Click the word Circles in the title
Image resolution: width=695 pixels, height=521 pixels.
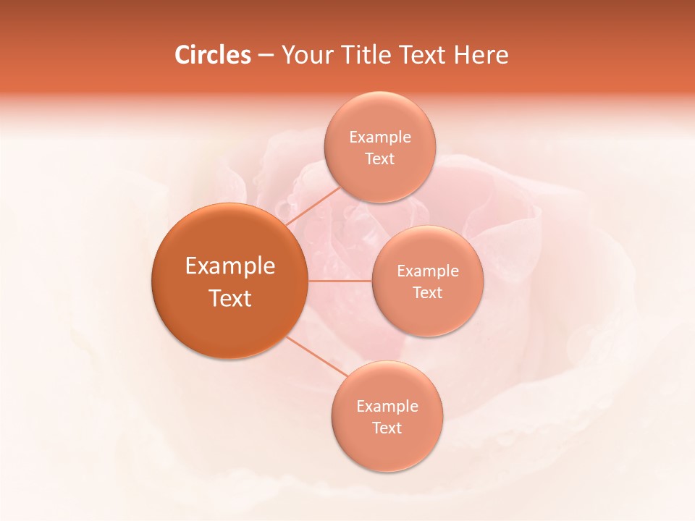pos(212,55)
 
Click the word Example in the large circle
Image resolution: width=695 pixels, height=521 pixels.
pos(230,266)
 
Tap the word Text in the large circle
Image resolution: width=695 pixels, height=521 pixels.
pos(230,298)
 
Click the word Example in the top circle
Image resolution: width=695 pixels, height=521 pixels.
pos(379,137)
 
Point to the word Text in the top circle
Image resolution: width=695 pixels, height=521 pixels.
pos(379,159)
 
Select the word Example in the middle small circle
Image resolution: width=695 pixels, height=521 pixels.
pos(427,271)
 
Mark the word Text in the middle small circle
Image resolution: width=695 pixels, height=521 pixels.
pos(427,293)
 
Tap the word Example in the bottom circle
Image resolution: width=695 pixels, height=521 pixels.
pos(387,407)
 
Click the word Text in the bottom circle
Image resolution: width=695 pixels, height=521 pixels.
pos(387,428)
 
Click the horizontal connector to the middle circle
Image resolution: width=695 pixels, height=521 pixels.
pos(340,281)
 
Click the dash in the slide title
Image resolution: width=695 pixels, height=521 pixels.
pos(266,56)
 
